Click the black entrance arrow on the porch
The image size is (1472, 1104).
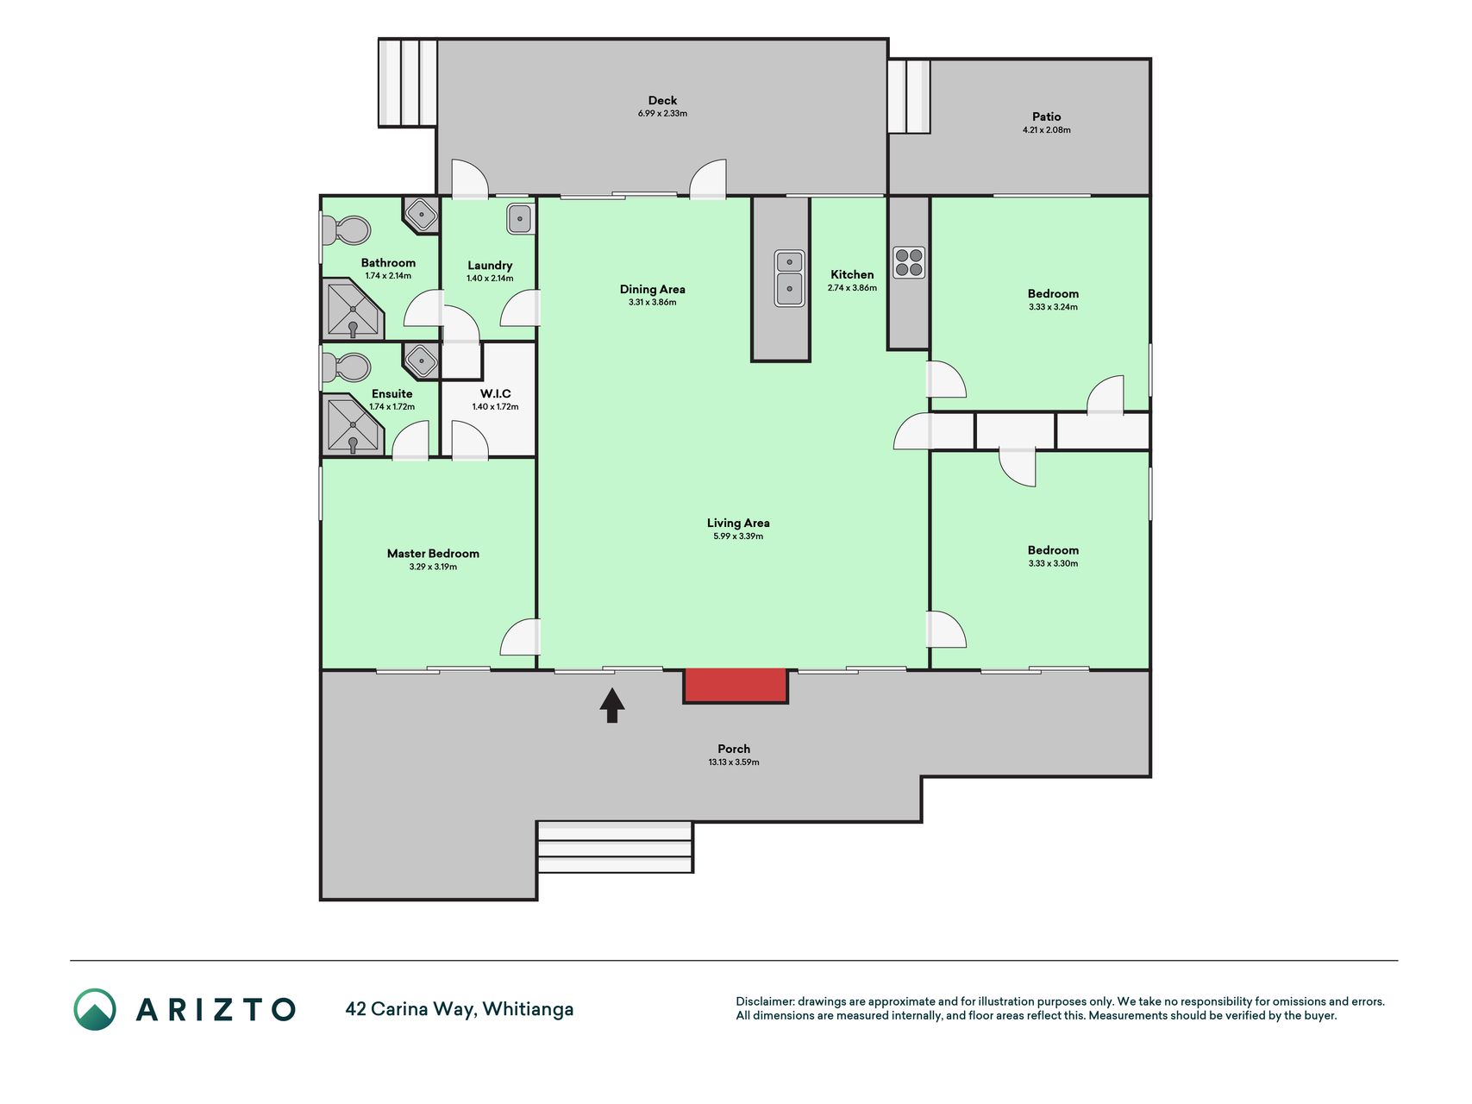click(x=612, y=705)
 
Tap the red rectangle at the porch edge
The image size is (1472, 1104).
click(x=736, y=686)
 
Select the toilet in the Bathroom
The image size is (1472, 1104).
click(x=346, y=230)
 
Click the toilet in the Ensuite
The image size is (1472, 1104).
click(x=346, y=367)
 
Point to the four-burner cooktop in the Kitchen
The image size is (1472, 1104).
click(x=909, y=262)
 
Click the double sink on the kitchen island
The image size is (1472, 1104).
click(x=789, y=278)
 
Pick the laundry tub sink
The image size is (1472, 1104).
click(x=519, y=218)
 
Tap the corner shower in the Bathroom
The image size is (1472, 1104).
click(x=352, y=309)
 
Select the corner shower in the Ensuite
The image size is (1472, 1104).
click(x=352, y=423)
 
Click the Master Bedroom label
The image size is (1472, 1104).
click(x=433, y=554)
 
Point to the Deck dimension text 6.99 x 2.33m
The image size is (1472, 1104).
click(x=662, y=114)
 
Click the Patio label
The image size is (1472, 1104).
click(x=1047, y=116)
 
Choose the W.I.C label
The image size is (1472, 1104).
click(x=496, y=393)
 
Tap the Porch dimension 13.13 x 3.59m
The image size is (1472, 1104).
click(x=734, y=762)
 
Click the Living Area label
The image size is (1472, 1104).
click(x=738, y=523)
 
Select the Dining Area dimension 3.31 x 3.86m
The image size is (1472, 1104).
click(x=652, y=303)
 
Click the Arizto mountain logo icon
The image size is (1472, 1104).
click(x=95, y=1009)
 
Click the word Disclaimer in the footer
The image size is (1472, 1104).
click(x=764, y=1001)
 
